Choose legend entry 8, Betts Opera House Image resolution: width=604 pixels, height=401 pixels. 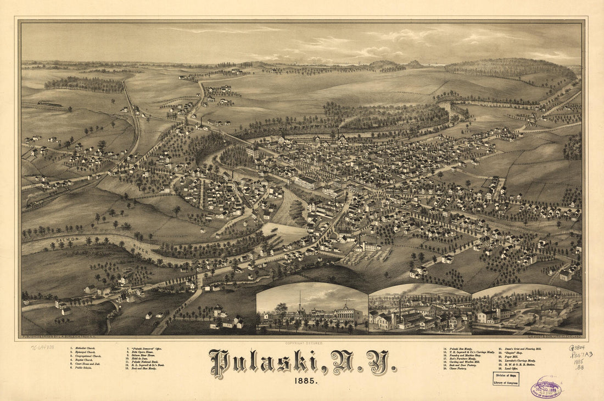click(142, 353)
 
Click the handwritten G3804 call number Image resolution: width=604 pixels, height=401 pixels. click(577, 347)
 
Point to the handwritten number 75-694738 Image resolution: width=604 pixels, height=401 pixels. click(42, 347)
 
